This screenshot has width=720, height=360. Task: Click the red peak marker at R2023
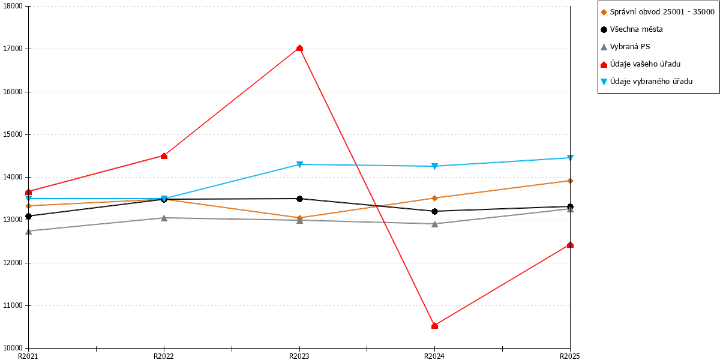(x=299, y=48)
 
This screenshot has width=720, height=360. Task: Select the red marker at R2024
(x=434, y=326)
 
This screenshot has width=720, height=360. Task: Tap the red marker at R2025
(x=570, y=245)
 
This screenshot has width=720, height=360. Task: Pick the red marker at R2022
(x=164, y=156)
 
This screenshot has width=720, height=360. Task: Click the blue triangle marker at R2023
(x=299, y=164)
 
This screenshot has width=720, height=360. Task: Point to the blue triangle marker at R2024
(x=434, y=166)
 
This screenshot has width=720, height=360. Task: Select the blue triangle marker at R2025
(x=570, y=158)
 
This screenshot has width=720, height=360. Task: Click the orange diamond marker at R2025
(x=570, y=181)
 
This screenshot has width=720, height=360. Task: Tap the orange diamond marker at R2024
(x=434, y=199)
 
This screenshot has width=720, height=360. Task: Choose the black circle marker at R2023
(x=299, y=199)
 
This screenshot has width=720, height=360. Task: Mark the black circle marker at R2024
(x=434, y=211)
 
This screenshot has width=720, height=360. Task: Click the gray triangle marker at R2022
(x=164, y=218)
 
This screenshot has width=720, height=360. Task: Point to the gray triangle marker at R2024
(x=434, y=224)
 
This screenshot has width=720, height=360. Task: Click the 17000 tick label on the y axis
(x=13, y=49)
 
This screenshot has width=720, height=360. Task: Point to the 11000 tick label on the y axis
(x=13, y=305)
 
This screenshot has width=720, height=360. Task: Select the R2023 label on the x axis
(x=299, y=356)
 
